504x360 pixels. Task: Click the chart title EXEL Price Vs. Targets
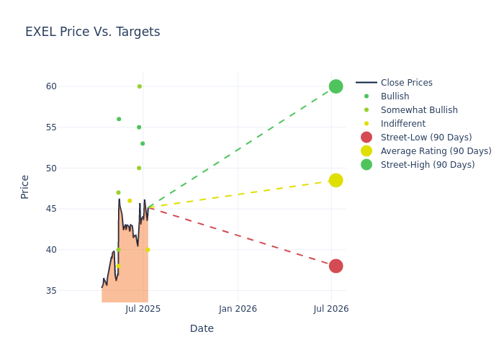[92, 32]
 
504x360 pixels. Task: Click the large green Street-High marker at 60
[336, 86]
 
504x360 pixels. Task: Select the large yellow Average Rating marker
[336, 180]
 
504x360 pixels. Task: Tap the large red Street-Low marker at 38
[336, 266]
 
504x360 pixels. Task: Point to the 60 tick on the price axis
[51, 86]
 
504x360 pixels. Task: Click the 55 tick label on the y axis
[51, 127]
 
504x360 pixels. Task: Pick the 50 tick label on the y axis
[51, 168]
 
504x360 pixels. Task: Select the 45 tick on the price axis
[51, 209]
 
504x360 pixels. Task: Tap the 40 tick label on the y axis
[51, 250]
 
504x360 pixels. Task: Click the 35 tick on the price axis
[51, 291]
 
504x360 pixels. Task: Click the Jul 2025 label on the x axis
[143, 309]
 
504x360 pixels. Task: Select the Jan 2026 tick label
[238, 309]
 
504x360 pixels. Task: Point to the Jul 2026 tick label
[331, 309]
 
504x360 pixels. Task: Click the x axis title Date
[202, 329]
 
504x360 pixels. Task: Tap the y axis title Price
[25, 186]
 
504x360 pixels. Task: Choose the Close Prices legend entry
[406, 83]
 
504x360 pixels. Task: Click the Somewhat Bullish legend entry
[419, 110]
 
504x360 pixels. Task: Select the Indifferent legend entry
[402, 124]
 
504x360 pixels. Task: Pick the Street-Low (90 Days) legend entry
[426, 138]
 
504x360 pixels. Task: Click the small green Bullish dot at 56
[119, 119]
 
